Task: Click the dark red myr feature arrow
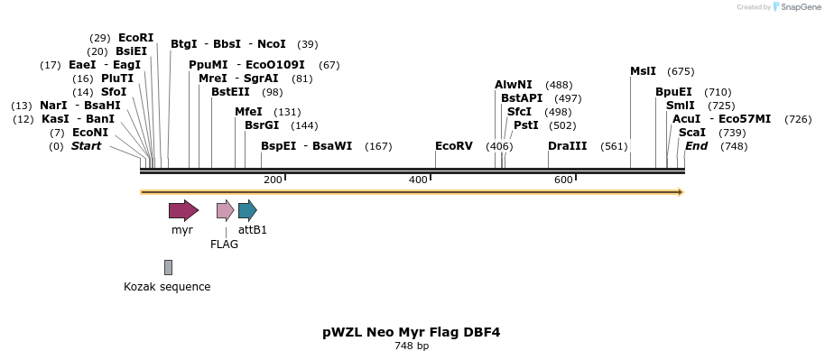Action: pos(183,211)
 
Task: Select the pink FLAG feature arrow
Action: pos(225,211)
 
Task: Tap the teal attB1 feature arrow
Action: pos(247,211)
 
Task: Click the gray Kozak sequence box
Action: pos(168,267)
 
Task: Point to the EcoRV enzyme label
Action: pos(453,146)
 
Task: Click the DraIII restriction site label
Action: pos(567,146)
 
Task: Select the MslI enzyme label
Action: pos(644,71)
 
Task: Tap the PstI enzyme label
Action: pos(525,125)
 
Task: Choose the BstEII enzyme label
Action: pos(230,92)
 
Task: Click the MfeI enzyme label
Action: pos(248,112)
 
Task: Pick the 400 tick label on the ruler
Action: pos(418,180)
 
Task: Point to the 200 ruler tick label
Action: pos(273,180)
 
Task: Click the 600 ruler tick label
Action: pos(563,180)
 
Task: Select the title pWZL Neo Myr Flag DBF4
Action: pos(411,332)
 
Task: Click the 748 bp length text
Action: pos(411,346)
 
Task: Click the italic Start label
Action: pos(86,146)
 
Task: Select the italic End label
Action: pos(696,146)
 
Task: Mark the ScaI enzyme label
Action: pos(691,133)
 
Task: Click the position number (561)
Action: pos(614,146)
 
